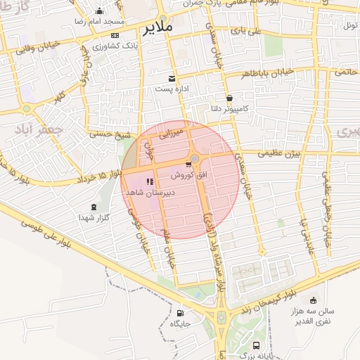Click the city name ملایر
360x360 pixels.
(157, 29)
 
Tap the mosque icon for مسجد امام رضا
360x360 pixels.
(99, 11)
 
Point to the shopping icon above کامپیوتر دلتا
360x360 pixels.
(229, 98)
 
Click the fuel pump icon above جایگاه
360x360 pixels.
(181, 314)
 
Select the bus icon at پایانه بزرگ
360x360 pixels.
(256, 346)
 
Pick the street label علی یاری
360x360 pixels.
(247, 31)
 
